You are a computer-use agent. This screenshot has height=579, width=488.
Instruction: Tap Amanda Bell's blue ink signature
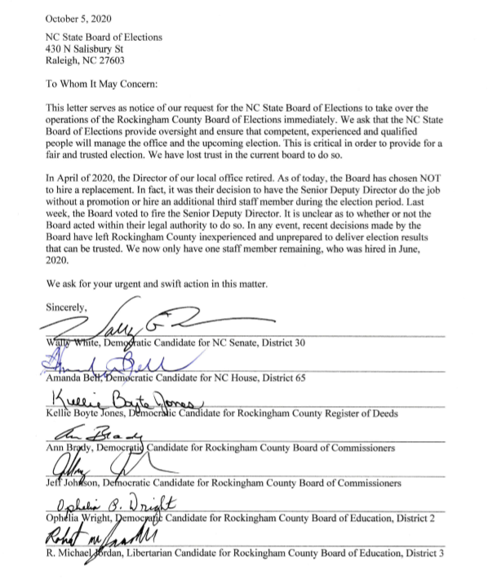click(106, 359)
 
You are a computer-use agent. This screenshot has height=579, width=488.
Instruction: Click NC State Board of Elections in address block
click(104, 37)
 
